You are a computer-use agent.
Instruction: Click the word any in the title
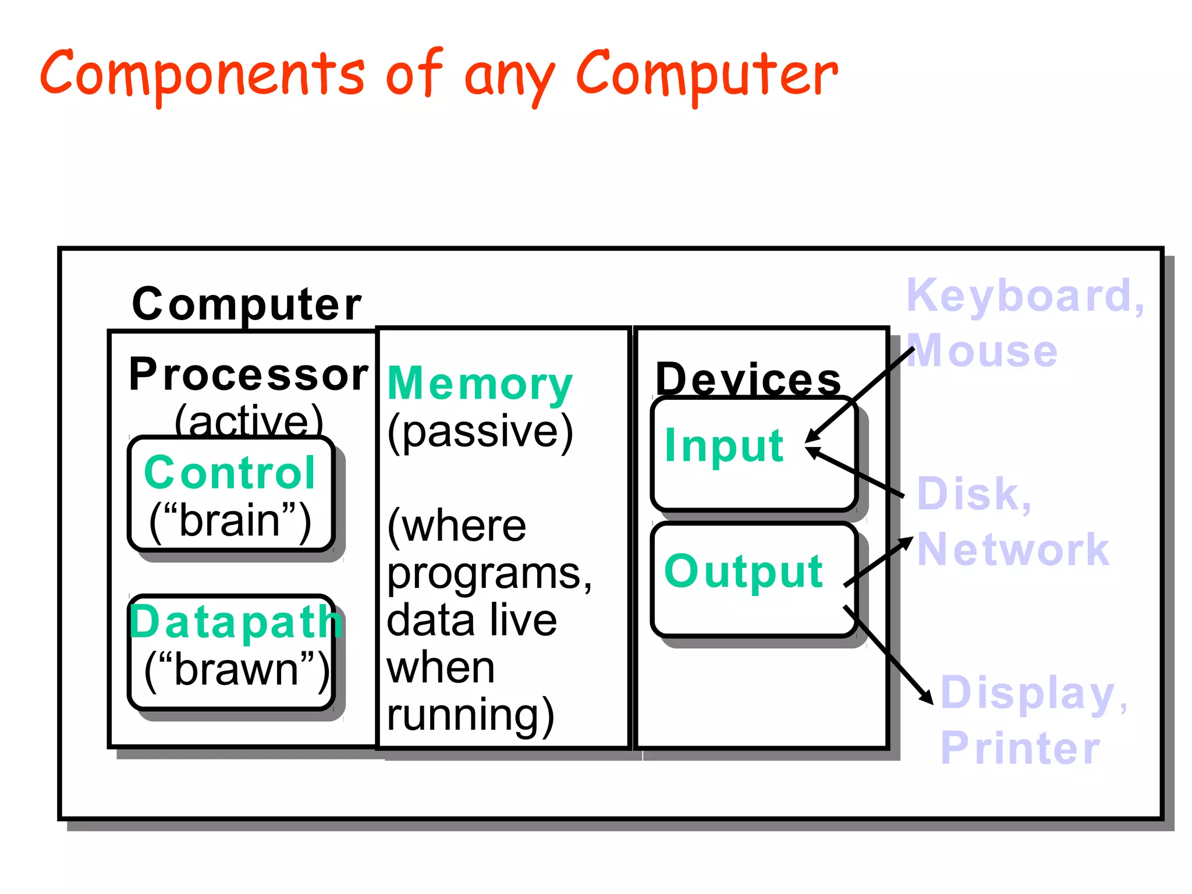click(509, 79)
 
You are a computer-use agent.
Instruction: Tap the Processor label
click(249, 375)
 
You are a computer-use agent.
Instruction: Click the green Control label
click(230, 472)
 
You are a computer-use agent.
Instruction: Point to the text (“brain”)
click(230, 520)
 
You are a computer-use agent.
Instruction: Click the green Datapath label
click(235, 622)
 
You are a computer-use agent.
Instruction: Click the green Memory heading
click(480, 384)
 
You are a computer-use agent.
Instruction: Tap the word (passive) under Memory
click(480, 431)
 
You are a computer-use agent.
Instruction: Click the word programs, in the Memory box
click(489, 574)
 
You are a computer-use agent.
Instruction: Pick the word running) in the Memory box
click(470, 715)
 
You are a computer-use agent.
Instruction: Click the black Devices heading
click(748, 379)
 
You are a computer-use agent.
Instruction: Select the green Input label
click(725, 445)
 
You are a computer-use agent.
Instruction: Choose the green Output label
click(743, 571)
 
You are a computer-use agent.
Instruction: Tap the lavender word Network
click(1013, 549)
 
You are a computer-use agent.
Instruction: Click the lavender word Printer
click(1020, 748)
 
